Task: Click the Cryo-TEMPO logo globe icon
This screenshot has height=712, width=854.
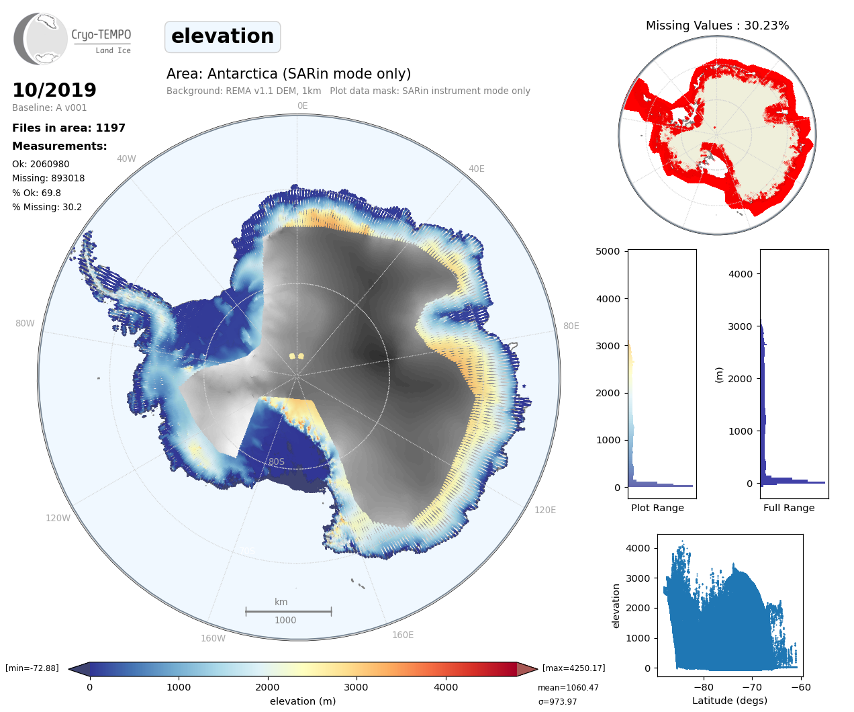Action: point(41,39)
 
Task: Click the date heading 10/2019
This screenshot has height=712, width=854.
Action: point(54,90)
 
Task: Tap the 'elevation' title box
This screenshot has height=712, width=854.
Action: point(222,36)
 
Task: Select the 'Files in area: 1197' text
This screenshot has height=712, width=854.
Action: point(68,128)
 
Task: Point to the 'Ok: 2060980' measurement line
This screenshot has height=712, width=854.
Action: point(40,164)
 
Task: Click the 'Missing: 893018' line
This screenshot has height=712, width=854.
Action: point(48,178)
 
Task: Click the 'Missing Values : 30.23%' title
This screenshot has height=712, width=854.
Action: point(717,26)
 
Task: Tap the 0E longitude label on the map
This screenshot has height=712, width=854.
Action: point(302,105)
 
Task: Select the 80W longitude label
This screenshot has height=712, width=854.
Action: point(25,323)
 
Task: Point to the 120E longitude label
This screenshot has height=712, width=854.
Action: point(545,510)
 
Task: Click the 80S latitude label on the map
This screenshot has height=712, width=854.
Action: point(277,461)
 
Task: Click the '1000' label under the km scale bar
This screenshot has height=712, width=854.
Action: point(285,620)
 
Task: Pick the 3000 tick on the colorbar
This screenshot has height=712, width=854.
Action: point(356,686)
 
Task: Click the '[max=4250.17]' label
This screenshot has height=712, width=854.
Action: point(573,668)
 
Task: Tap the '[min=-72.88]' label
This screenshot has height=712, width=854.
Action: point(32,668)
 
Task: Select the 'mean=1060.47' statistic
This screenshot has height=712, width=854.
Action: point(568,687)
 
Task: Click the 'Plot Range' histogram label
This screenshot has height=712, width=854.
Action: point(657,508)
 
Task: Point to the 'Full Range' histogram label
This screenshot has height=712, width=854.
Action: point(789,508)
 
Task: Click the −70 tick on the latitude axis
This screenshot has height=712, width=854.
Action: point(752,686)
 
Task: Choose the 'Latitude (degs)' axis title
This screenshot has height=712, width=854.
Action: point(730,701)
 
